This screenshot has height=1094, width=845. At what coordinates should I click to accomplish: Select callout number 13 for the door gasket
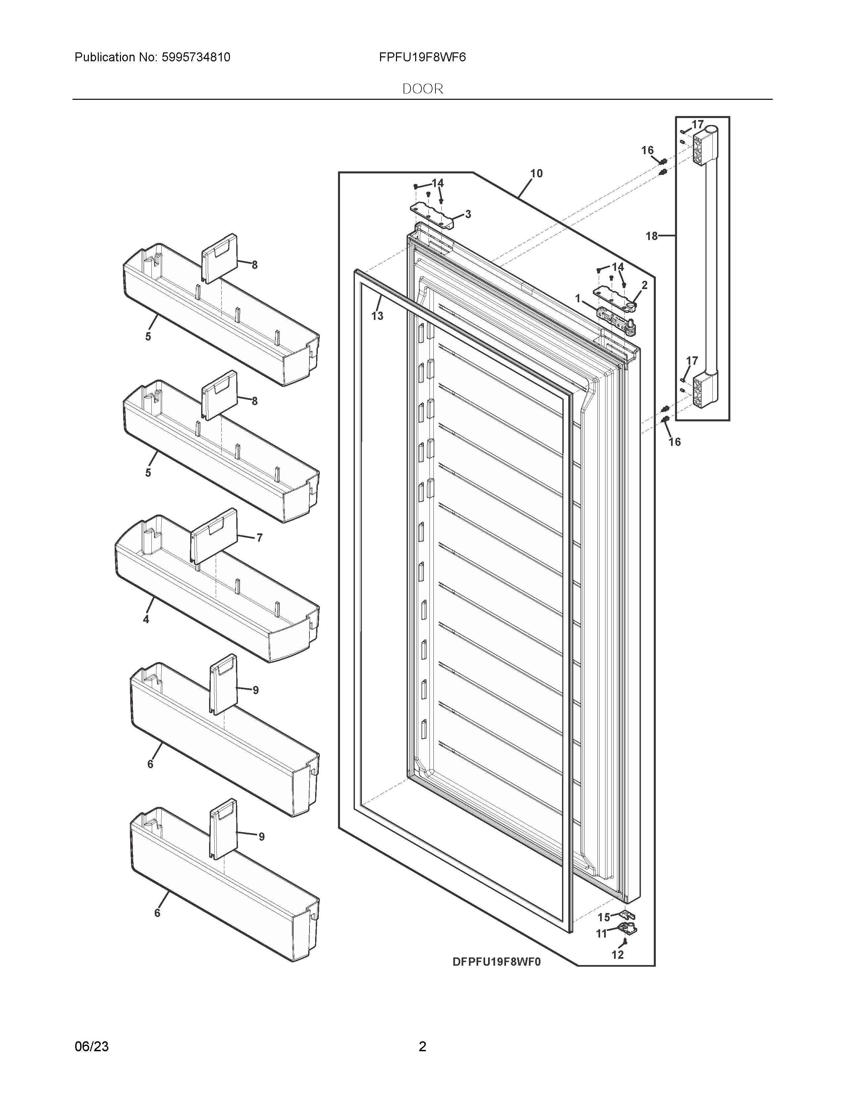pyautogui.click(x=377, y=316)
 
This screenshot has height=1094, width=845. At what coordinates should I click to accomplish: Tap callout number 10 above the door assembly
pyautogui.click(x=536, y=173)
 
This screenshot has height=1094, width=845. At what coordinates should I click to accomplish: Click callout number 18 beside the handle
pyautogui.click(x=651, y=236)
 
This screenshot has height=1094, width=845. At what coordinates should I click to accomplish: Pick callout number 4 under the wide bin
pyautogui.click(x=146, y=620)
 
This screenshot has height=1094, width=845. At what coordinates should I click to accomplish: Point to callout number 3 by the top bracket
pyautogui.click(x=468, y=214)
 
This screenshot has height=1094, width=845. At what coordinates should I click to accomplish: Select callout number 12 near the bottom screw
pyautogui.click(x=617, y=955)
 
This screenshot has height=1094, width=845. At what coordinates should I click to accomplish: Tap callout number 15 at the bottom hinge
pyautogui.click(x=604, y=917)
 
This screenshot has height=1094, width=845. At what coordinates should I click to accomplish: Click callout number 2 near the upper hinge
pyautogui.click(x=644, y=285)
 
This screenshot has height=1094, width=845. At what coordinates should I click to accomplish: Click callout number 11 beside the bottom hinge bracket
pyautogui.click(x=601, y=933)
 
